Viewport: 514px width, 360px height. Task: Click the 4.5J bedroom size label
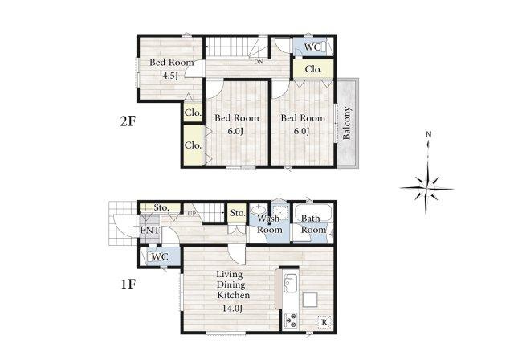click(170, 76)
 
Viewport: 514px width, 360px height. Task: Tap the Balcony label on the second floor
click(346, 123)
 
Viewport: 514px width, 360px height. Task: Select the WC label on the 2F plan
click(312, 47)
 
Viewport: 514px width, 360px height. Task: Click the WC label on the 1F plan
click(161, 256)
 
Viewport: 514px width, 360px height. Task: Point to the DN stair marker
click(259, 62)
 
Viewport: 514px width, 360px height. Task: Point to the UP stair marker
click(191, 214)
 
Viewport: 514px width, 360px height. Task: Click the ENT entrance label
click(150, 230)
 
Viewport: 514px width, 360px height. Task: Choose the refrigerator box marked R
click(324, 322)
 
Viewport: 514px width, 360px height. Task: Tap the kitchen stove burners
click(291, 321)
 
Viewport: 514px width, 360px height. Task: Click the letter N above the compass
click(428, 134)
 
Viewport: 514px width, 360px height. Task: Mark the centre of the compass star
click(426, 189)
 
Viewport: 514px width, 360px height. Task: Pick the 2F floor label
click(128, 121)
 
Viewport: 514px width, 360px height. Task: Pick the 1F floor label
click(128, 284)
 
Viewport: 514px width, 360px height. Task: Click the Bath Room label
click(313, 224)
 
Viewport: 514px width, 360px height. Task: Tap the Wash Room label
click(270, 224)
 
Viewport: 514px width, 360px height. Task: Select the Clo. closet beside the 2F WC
click(313, 69)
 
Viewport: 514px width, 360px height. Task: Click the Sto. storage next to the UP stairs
click(238, 213)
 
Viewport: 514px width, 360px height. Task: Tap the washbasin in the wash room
click(259, 209)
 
